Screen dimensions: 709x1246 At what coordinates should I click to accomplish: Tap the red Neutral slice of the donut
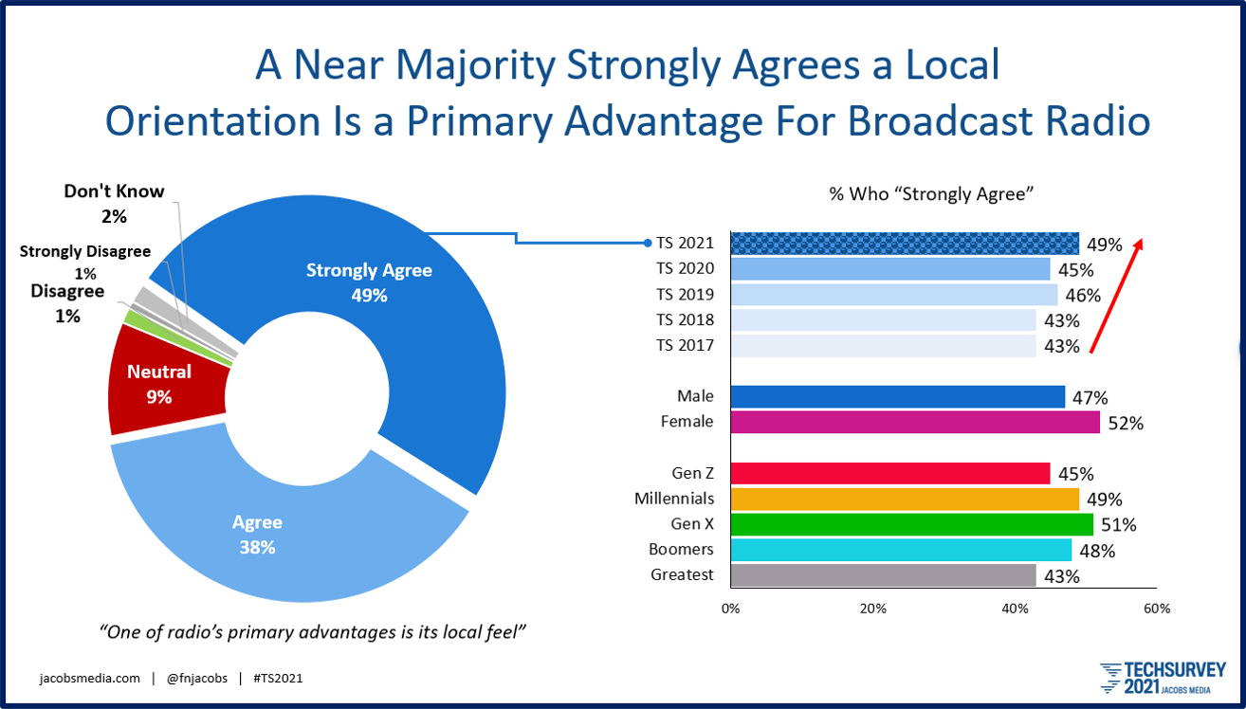(x=161, y=384)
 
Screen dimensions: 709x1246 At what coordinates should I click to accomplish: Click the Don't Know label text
(x=114, y=191)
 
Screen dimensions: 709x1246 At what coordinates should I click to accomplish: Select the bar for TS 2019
(x=893, y=295)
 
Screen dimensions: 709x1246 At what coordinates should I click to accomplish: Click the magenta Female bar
(x=914, y=423)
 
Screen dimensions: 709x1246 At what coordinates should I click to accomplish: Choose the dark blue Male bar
(x=897, y=397)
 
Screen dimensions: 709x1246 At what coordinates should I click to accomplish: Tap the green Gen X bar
(x=911, y=524)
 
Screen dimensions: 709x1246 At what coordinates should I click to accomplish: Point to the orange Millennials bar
(x=904, y=499)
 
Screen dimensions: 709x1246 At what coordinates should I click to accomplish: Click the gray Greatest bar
(x=883, y=575)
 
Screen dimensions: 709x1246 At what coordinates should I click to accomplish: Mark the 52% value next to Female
(x=1127, y=424)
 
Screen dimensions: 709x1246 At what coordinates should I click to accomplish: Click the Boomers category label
(x=683, y=550)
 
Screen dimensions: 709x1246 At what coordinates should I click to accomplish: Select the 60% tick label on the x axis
(x=1157, y=608)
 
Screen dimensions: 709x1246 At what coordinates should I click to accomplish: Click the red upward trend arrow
(x=1116, y=295)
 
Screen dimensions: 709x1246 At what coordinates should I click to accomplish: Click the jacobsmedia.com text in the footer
(x=90, y=679)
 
